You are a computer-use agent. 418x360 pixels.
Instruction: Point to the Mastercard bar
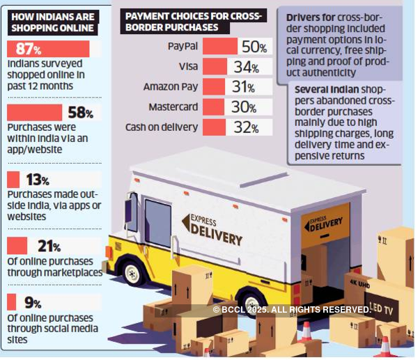point(215,107)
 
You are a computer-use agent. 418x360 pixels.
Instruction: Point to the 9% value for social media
point(33,303)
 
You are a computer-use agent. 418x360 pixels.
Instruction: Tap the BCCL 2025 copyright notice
point(291,309)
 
